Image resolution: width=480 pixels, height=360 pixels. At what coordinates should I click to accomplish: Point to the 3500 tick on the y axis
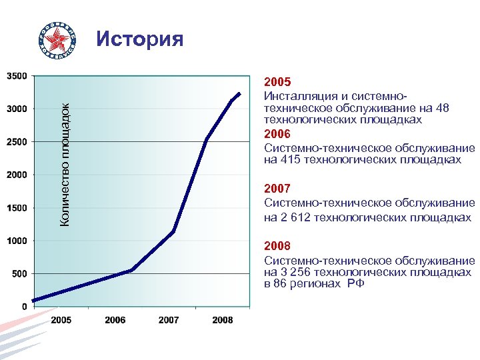pos(17,76)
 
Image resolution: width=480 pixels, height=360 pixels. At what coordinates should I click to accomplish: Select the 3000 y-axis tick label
pos(17,109)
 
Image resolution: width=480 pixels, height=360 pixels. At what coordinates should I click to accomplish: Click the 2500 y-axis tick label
pos(17,142)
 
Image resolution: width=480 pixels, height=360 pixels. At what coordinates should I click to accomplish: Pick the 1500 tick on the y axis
pos(17,208)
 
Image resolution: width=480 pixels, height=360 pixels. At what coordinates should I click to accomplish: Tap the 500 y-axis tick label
pos(19,274)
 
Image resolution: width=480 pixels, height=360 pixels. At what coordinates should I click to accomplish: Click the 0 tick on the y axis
pos(25,307)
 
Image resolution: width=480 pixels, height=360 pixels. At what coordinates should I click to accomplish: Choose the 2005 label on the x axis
pos(61,321)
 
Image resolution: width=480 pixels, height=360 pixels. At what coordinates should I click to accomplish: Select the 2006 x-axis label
pos(115,321)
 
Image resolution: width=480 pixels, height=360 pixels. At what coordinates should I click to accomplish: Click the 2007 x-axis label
pos(169,321)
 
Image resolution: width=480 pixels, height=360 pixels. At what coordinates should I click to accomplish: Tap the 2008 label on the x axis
pos(222,321)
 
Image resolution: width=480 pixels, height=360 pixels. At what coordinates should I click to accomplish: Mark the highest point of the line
pos(239,93)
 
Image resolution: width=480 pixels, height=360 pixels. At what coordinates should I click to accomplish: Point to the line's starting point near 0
pos(34,301)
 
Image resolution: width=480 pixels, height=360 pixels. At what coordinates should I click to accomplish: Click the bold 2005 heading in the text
pos(277,83)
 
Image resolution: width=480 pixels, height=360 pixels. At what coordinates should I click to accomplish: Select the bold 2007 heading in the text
pos(277,189)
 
